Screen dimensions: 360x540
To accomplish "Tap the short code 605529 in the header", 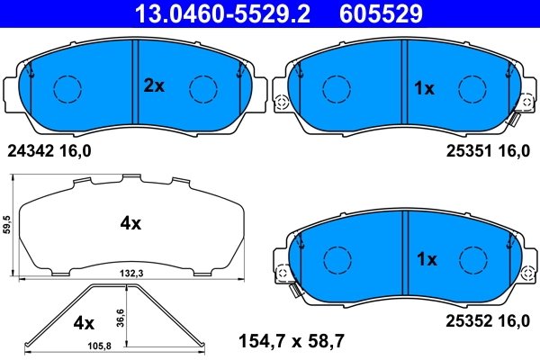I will (382, 13).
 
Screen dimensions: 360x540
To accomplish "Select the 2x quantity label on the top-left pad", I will (154, 86).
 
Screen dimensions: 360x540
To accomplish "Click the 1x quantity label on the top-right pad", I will (424, 88).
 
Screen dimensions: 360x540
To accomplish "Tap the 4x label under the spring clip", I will (83, 321).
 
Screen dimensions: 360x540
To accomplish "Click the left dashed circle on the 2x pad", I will (67, 88).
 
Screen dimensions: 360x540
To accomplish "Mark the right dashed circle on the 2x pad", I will (203, 88).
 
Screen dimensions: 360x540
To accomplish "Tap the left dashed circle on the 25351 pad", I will (337, 88).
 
